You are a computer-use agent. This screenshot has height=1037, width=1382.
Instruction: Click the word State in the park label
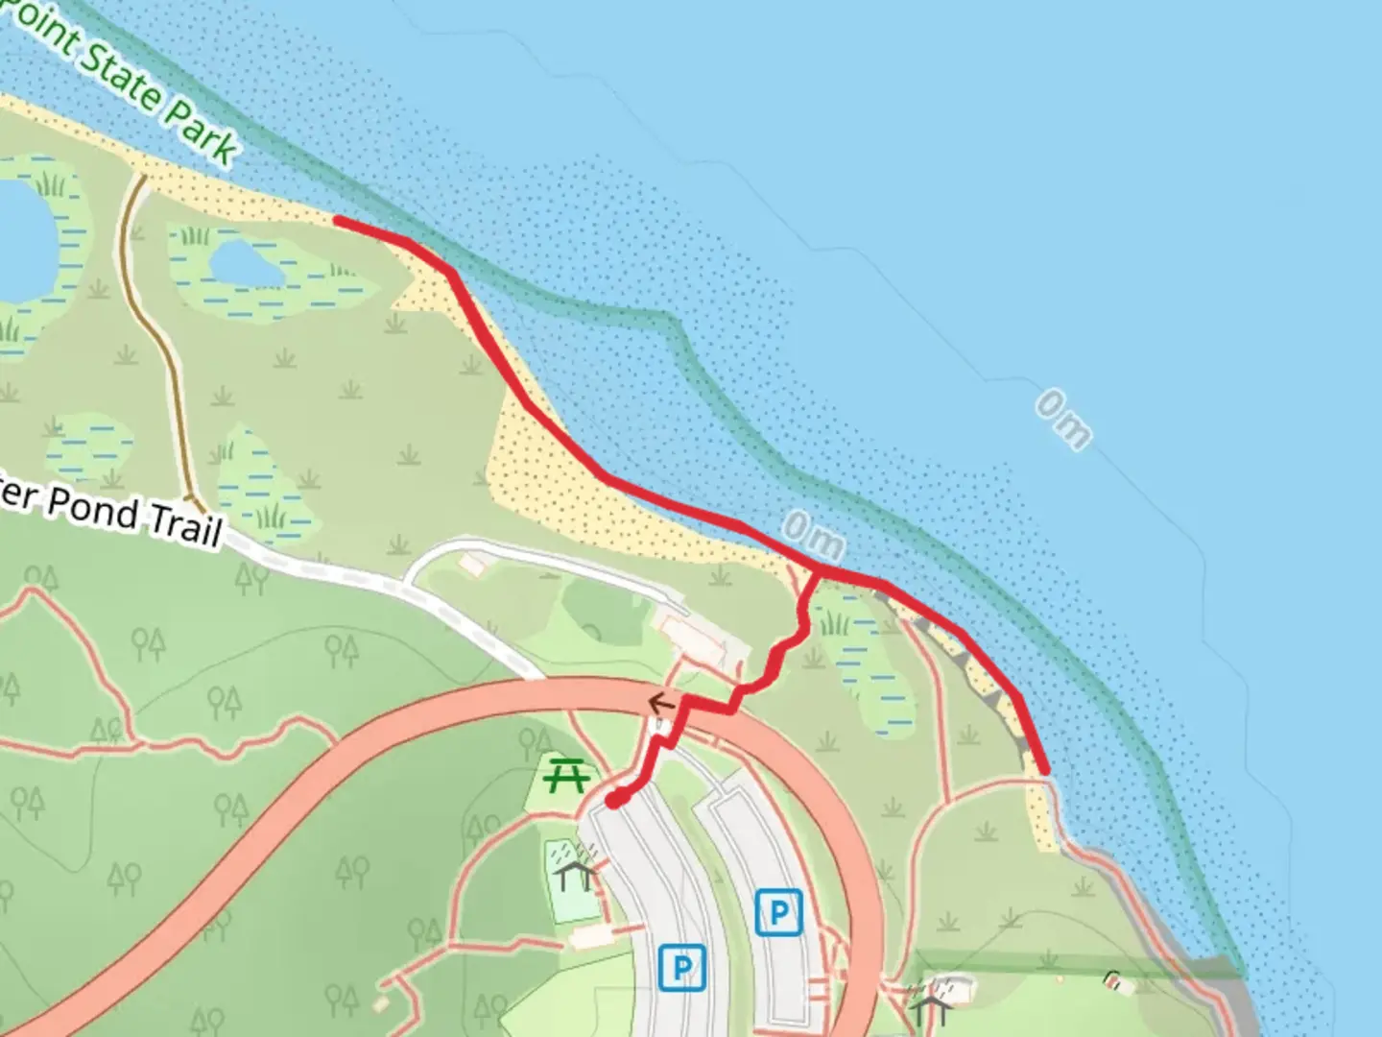click(120, 75)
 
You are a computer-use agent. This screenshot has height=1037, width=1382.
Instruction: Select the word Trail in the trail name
click(184, 524)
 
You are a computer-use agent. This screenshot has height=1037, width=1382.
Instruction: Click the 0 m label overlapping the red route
click(813, 534)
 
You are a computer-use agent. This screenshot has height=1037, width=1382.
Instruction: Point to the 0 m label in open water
click(1063, 419)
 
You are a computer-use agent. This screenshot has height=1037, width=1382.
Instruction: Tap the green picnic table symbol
click(566, 774)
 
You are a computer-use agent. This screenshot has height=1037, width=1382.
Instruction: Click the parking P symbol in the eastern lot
click(778, 911)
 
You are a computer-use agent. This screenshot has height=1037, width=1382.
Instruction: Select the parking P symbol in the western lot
click(682, 967)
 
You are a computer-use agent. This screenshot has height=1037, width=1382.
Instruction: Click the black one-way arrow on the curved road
click(661, 704)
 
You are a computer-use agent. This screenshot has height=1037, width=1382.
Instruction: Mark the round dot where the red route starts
click(615, 799)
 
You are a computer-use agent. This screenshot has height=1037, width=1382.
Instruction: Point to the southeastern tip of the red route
click(1043, 769)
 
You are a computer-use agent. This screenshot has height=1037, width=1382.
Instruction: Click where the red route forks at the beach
click(817, 573)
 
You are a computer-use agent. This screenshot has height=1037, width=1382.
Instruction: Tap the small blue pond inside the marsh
click(245, 263)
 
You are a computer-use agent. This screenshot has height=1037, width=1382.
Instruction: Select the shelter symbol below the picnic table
click(573, 874)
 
